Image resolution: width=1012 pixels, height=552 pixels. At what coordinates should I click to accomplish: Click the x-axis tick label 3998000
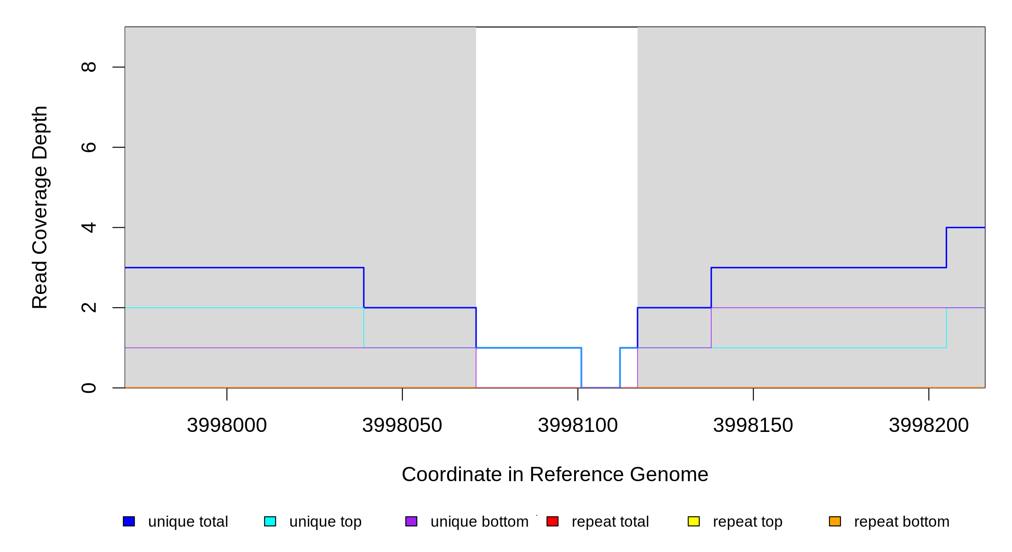(227, 425)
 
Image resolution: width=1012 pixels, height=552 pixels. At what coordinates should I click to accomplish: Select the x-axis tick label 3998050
(402, 425)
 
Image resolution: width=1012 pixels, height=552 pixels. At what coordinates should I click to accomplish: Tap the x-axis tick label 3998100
(578, 425)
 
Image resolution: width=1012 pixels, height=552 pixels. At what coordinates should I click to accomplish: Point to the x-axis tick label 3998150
(753, 425)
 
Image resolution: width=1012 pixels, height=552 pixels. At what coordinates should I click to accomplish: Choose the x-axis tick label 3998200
(929, 425)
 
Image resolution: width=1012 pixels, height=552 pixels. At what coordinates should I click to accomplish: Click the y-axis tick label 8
(88, 67)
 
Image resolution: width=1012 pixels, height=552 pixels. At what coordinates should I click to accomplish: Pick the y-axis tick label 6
(88, 147)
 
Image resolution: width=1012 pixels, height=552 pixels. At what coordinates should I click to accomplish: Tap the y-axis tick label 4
(88, 227)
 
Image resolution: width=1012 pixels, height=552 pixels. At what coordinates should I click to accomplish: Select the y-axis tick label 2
(88, 307)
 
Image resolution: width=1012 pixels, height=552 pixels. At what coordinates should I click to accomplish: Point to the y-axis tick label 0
(88, 388)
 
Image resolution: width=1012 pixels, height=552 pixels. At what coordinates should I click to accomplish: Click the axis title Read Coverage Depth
(40, 207)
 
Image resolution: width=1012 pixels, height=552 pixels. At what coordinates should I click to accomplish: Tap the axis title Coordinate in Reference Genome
(555, 474)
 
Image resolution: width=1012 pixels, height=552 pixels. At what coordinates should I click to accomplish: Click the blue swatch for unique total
(129, 521)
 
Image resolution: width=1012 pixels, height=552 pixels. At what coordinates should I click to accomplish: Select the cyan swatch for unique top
(270, 521)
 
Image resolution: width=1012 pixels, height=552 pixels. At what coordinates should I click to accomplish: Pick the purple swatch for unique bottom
(411, 521)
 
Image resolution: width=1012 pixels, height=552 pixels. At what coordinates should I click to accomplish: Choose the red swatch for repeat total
(552, 521)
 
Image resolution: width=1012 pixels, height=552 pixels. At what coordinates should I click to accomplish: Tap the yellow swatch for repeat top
(694, 521)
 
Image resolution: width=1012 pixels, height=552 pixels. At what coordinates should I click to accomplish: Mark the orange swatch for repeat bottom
(835, 521)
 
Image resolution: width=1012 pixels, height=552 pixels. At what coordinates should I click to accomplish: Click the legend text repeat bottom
(902, 522)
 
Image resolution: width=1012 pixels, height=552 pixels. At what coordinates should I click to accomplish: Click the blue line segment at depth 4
(966, 227)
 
